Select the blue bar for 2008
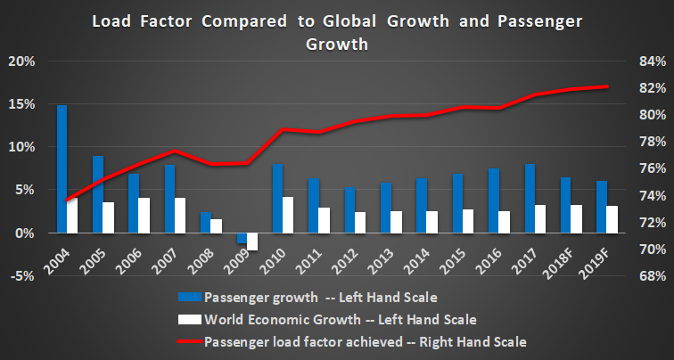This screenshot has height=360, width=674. [x=205, y=222]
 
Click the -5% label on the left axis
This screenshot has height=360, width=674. [x=21, y=275]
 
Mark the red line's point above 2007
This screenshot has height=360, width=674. [x=176, y=151]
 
